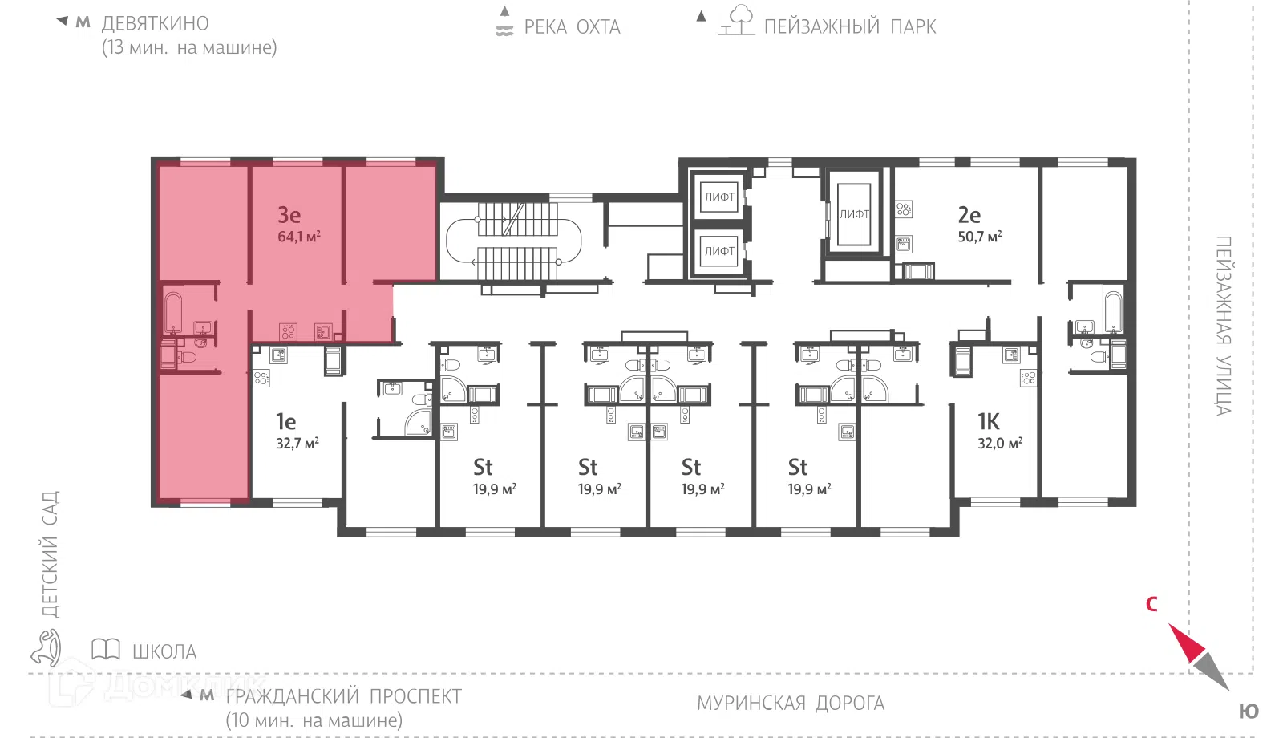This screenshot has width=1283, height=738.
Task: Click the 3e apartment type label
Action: [289, 215]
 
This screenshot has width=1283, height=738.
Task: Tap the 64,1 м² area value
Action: [299, 236]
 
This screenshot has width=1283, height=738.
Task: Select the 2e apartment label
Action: [969, 215]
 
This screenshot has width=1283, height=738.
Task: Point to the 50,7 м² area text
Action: [979, 236]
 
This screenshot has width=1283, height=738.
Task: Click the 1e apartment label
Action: [285, 422]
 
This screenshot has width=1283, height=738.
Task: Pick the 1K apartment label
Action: [988, 422]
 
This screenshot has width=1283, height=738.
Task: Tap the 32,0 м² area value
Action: [999, 443]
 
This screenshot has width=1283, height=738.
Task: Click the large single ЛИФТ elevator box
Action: [854, 214]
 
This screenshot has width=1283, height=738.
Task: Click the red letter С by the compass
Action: [1151, 604]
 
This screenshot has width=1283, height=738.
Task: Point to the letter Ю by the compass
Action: [1249, 712]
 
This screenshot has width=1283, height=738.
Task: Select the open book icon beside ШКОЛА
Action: [105, 649]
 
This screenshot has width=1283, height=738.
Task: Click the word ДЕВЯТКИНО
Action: [156, 23]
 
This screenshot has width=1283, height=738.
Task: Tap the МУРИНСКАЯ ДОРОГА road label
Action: [791, 703]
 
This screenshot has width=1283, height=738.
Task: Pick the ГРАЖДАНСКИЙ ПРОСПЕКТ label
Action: [344, 697]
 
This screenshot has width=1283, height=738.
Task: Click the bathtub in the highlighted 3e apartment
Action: [173, 312]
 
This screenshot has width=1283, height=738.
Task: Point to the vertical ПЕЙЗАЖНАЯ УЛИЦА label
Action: [1224, 326]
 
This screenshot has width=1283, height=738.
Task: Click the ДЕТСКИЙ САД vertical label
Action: [51, 554]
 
